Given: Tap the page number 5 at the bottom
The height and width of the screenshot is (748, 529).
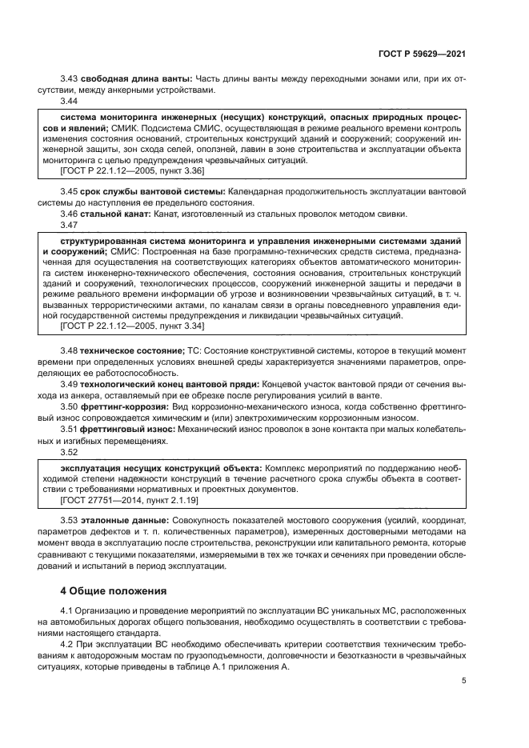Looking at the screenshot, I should [x=464, y=681].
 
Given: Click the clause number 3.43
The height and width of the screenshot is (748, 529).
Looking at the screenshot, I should [x=70, y=79].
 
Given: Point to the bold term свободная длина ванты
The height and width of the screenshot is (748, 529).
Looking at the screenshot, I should [x=135, y=79].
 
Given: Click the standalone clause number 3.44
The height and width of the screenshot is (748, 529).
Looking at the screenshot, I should [x=70, y=101].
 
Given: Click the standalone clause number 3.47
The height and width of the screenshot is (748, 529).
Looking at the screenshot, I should [x=70, y=225].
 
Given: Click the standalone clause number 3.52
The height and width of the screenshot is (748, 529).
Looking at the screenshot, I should [x=70, y=451].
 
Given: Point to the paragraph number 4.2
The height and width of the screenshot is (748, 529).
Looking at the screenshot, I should [x=67, y=645].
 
